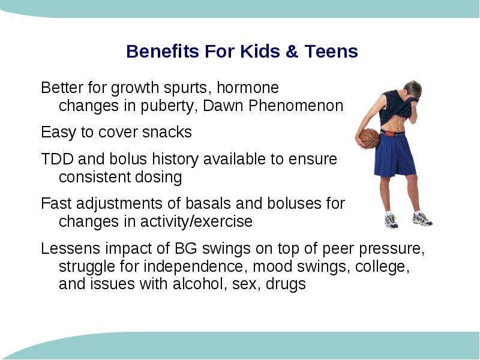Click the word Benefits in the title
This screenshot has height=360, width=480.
pos(163,51)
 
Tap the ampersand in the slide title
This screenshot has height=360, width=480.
pos(292,51)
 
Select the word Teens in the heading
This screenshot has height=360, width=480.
pos(331,51)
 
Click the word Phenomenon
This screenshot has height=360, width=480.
pos(296,106)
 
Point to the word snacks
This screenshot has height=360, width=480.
pos(167,132)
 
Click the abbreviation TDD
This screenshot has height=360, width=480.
pos(57,159)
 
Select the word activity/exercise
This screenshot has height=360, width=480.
pos(196,221)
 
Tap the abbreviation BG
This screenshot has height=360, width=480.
pos(186,248)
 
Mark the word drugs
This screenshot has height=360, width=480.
pos(286,284)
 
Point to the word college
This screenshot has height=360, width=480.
pos(382,267)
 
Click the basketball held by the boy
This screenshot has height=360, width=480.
pos(370,139)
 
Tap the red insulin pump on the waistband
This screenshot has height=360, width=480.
pos(389,133)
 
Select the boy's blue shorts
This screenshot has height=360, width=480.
pos(395,155)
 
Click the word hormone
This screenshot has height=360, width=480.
pos(248,88)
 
